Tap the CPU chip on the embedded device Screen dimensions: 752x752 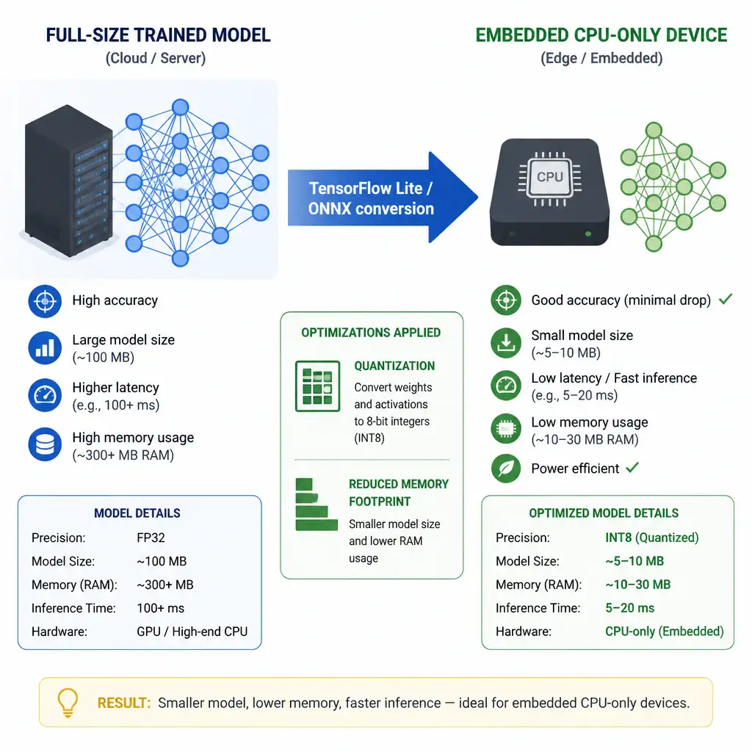pyautogui.click(x=549, y=178)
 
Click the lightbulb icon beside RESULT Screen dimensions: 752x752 pyautogui.click(x=68, y=702)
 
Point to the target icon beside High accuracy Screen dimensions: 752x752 pyautogui.click(x=45, y=301)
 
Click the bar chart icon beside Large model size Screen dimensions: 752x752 pyautogui.click(x=45, y=347)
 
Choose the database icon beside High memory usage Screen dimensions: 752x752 pyautogui.click(x=45, y=444)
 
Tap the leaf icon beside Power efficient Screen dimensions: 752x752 pyautogui.click(x=506, y=468)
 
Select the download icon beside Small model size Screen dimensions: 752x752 pyautogui.click(x=506, y=342)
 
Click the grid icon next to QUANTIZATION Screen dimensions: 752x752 pyautogui.click(x=317, y=386)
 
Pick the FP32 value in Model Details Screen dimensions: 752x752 pyautogui.click(x=151, y=538)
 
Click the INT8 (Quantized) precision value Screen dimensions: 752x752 pyautogui.click(x=652, y=538)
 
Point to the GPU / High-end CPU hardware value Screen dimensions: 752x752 pyautogui.click(x=192, y=632)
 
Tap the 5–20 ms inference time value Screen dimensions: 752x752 pyautogui.click(x=629, y=608)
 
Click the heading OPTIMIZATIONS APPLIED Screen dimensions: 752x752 pyautogui.click(x=371, y=333)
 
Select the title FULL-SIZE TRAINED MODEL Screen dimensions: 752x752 pyautogui.click(x=159, y=35)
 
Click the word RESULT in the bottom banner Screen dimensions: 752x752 pyautogui.click(x=123, y=703)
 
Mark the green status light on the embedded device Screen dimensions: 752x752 pyautogui.click(x=588, y=234)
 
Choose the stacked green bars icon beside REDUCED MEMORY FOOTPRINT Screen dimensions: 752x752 pyautogui.click(x=316, y=505)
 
